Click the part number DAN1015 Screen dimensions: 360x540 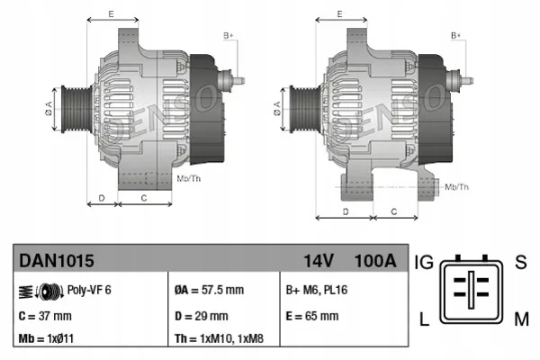click(x=56, y=262)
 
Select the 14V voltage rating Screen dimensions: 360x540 click(x=318, y=262)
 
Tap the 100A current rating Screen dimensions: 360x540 click(x=375, y=262)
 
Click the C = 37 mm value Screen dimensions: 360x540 click(x=45, y=316)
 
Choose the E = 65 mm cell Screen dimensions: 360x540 click(x=311, y=316)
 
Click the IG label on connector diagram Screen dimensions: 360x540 click(x=425, y=263)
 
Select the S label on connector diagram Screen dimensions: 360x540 click(x=520, y=263)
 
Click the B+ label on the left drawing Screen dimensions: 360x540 click(x=229, y=35)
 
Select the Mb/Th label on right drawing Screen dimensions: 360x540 click(x=457, y=186)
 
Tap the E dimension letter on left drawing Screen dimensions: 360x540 click(x=111, y=13)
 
